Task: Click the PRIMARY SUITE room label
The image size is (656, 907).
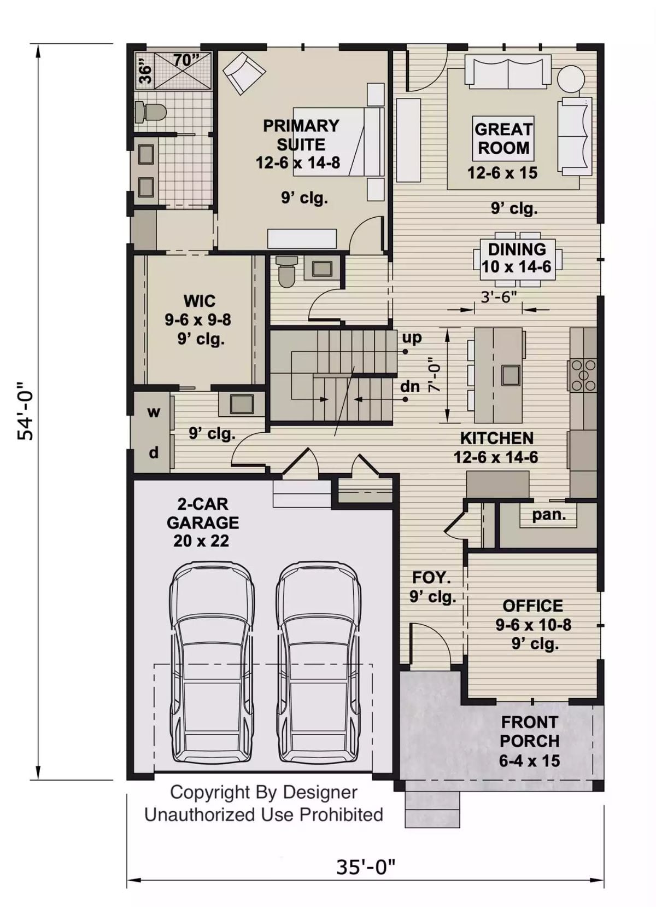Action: (301, 135)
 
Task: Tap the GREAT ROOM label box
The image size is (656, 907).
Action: (503, 138)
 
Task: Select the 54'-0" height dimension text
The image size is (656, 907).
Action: (26, 410)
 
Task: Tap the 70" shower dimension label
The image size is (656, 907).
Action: (186, 60)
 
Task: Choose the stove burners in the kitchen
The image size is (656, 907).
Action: (583, 375)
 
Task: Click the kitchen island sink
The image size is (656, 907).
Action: (511, 375)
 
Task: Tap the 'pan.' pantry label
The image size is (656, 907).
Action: (548, 514)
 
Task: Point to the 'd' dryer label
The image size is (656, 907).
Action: (154, 452)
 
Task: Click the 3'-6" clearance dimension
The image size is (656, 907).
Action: (498, 297)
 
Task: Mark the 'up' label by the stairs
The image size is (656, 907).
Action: (412, 337)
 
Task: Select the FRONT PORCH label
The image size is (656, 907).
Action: (529, 731)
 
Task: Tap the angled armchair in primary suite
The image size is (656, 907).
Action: (244, 73)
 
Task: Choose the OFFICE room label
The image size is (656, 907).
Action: (532, 606)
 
